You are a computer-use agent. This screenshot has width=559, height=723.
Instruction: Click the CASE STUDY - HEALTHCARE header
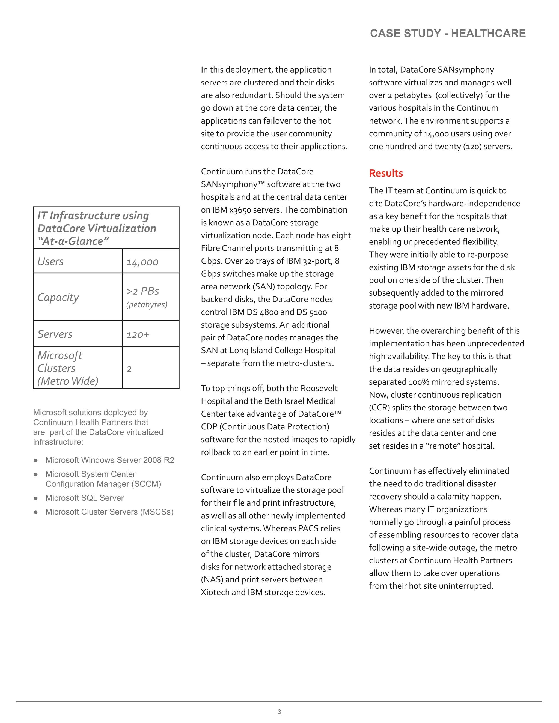[447, 34]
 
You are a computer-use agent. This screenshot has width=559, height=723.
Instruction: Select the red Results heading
[386, 173]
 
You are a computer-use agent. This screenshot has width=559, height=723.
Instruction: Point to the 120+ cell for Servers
[138, 335]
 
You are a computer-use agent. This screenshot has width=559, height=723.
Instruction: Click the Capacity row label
[58, 297]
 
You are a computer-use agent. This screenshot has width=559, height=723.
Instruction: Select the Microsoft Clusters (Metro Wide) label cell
[68, 368]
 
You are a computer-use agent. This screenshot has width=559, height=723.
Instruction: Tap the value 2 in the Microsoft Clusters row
[129, 369]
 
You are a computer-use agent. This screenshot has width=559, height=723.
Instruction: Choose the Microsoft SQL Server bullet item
[84, 498]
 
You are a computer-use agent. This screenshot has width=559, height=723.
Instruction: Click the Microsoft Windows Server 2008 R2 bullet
[110, 460]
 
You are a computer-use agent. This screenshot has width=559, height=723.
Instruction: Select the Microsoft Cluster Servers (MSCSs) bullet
[109, 512]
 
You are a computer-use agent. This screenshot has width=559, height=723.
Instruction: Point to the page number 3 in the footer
[279, 712]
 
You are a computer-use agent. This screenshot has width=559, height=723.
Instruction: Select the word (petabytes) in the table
[147, 304]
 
